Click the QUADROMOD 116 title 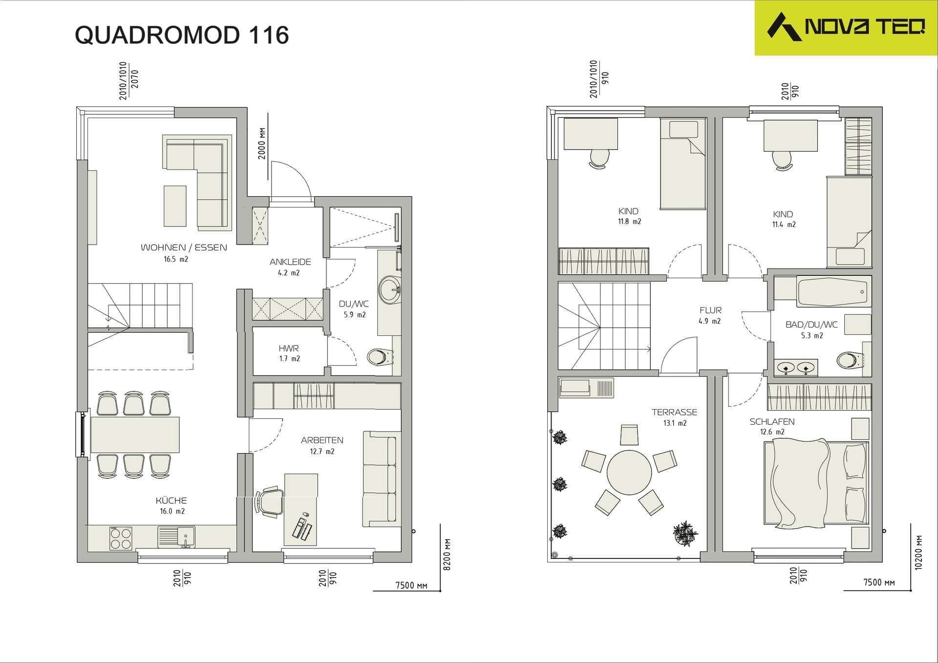[182, 35]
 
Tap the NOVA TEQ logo [846, 27]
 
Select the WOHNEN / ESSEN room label [184, 248]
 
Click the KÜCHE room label [171, 500]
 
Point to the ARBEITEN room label [322, 440]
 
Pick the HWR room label [289, 348]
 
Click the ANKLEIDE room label [290, 262]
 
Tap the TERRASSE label [674, 412]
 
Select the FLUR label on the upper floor [710, 310]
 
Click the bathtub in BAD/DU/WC [833, 291]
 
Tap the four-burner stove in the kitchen [121, 538]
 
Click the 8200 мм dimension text [447, 555]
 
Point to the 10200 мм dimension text [918, 552]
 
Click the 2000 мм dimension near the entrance [262, 143]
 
